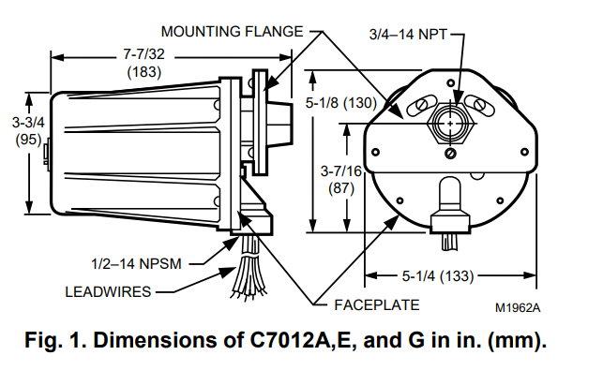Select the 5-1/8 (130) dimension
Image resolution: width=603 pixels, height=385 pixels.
[343, 102]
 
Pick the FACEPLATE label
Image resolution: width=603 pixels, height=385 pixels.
[376, 304]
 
